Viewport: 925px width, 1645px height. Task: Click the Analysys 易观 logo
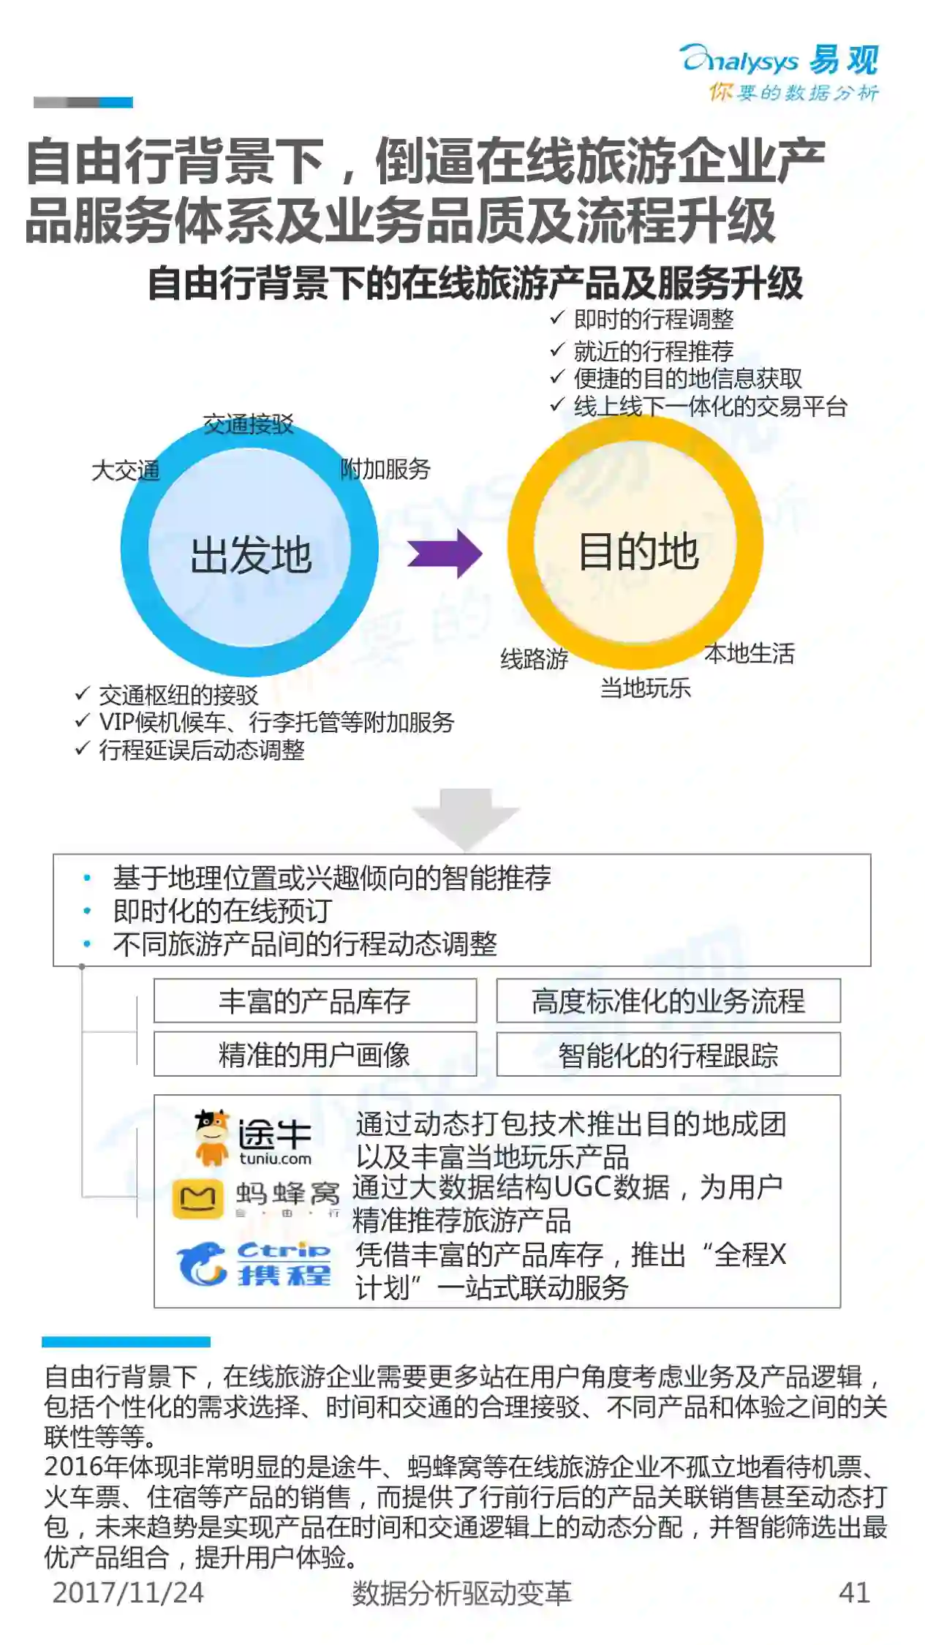click(x=779, y=70)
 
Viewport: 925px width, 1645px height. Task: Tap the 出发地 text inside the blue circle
click(x=251, y=554)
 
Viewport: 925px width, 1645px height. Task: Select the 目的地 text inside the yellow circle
click(x=638, y=551)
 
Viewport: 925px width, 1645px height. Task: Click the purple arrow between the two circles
click(x=445, y=554)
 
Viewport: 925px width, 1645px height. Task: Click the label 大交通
click(x=125, y=470)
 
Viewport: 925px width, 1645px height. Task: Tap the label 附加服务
click(x=385, y=469)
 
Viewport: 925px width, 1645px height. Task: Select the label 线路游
click(x=534, y=659)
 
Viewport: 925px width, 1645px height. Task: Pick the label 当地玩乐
click(x=645, y=688)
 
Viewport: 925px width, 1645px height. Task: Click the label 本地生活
click(x=749, y=653)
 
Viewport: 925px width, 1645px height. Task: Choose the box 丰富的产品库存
click(x=314, y=1001)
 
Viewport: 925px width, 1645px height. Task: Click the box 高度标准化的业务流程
click(x=668, y=1001)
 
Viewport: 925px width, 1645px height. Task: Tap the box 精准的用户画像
click(x=314, y=1054)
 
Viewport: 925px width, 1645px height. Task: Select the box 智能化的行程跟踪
click(x=668, y=1054)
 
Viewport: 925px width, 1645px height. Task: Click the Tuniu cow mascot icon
click(x=211, y=1137)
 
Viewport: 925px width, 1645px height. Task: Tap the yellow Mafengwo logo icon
click(x=197, y=1199)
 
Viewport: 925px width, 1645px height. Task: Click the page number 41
click(x=854, y=1592)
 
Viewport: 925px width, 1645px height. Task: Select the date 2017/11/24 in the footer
click(x=128, y=1592)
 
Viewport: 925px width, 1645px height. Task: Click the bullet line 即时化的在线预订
click(x=222, y=911)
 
